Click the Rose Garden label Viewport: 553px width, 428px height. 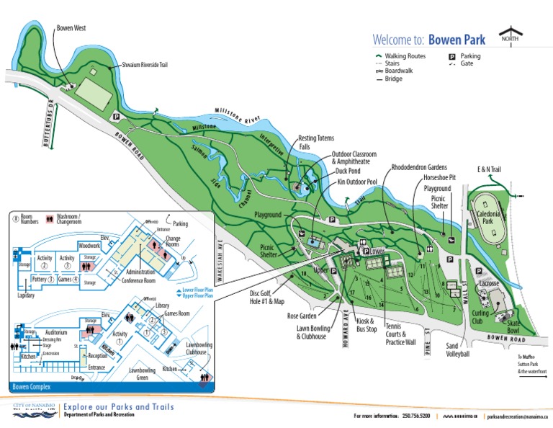(303, 316)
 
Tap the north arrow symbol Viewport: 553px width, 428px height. (511, 37)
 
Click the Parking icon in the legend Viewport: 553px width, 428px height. (452, 56)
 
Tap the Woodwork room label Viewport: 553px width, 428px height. (89, 246)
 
